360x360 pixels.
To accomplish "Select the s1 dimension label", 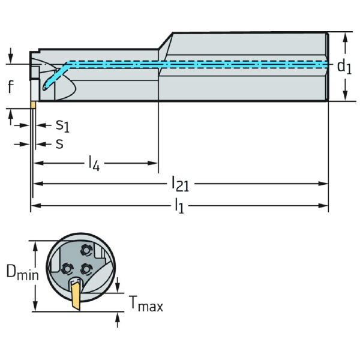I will click(62, 125).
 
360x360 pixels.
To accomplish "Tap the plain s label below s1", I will click(59, 143).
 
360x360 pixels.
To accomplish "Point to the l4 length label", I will click(93, 163).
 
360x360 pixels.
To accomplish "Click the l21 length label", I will click(180, 183).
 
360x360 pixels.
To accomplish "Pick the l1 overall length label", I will click(180, 206).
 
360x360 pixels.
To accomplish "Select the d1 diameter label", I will click(344, 66).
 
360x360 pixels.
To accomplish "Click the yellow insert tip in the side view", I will click(34, 105).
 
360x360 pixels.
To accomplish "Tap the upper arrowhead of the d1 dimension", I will click(345, 36).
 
